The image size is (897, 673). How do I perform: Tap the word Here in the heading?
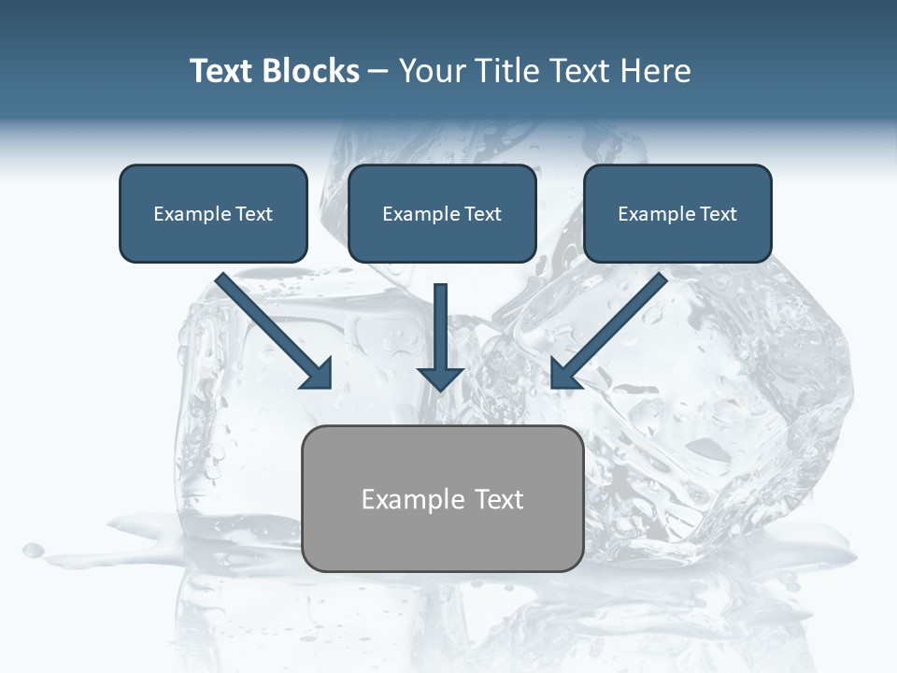(x=657, y=71)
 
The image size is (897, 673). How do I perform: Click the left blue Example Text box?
(x=213, y=213)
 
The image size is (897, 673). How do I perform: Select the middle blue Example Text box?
(x=442, y=213)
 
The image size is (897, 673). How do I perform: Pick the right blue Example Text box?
(x=677, y=213)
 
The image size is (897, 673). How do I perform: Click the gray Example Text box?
(x=442, y=498)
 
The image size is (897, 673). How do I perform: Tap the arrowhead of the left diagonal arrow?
(x=318, y=374)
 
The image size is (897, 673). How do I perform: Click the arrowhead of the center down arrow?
(x=440, y=378)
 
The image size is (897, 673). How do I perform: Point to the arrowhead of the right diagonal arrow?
(x=563, y=374)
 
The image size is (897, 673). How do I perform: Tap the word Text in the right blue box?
(x=718, y=214)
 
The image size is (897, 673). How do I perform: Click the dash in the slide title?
(x=378, y=71)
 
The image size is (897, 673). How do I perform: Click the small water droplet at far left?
(x=34, y=550)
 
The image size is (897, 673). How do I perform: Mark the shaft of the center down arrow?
(x=440, y=322)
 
